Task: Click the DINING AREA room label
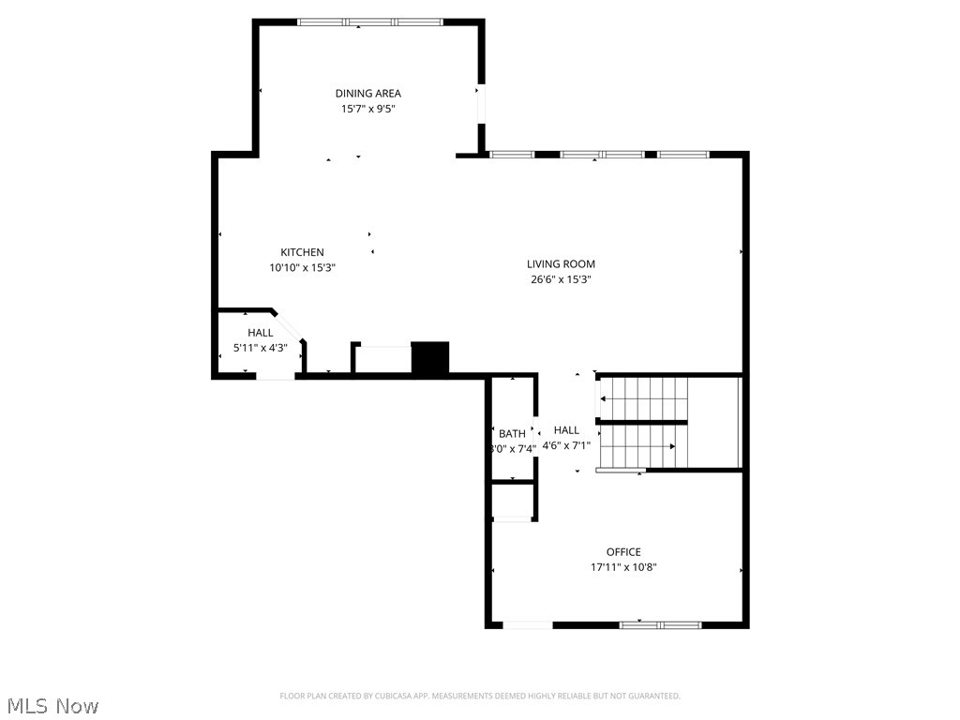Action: (368, 93)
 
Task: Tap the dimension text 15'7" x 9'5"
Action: (368, 109)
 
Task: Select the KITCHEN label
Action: (302, 252)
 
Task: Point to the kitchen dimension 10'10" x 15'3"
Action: (302, 267)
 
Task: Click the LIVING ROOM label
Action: (561, 264)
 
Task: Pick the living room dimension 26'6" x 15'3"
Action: (561, 279)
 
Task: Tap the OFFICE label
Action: (623, 552)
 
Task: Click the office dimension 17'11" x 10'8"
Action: (623, 567)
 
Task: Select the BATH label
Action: (512, 434)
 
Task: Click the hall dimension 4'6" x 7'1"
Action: (567, 446)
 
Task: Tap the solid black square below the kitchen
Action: (431, 358)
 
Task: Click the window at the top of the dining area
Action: (370, 22)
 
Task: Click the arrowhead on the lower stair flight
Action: (671, 446)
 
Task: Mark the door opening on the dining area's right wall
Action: (481, 104)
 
